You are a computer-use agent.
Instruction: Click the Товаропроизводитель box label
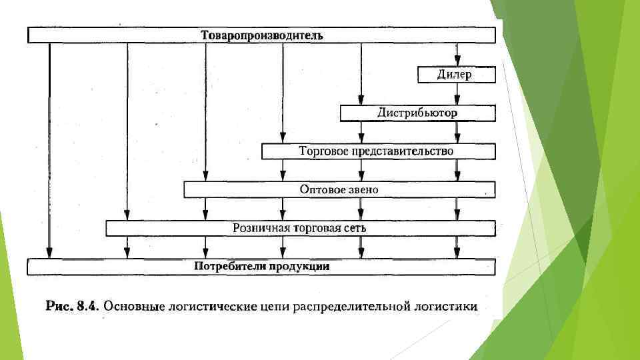(262, 35)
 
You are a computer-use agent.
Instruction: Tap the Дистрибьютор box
(417, 113)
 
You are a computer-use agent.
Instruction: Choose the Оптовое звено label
(339, 190)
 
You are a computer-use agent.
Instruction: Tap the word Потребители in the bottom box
(229, 267)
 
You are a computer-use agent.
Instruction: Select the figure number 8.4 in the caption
(87, 307)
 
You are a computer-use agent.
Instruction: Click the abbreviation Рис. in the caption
(59, 307)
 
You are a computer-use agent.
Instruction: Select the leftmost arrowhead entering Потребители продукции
(49, 254)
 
